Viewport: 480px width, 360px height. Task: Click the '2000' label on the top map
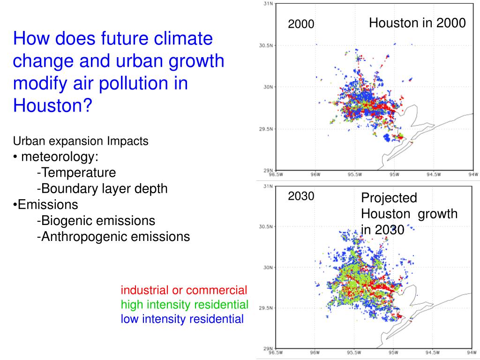click(300, 24)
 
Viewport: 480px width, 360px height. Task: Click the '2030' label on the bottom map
click(300, 196)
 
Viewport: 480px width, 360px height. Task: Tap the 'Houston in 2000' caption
click(417, 23)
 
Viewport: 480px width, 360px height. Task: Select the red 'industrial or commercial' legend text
click(184, 290)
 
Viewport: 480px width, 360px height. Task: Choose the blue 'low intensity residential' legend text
click(182, 319)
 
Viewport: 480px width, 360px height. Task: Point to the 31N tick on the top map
click(268, 4)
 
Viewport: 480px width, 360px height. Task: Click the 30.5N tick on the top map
click(266, 45)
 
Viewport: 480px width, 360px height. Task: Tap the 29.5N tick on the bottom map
click(266, 308)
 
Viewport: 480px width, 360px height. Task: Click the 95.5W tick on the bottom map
click(354, 352)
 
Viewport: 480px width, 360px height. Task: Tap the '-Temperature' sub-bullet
click(76, 172)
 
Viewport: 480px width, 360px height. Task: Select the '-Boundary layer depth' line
click(102, 188)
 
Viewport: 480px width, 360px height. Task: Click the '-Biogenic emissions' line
click(96, 220)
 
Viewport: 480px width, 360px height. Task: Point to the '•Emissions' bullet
click(45, 204)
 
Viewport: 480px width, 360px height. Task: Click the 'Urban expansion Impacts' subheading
click(81, 141)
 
